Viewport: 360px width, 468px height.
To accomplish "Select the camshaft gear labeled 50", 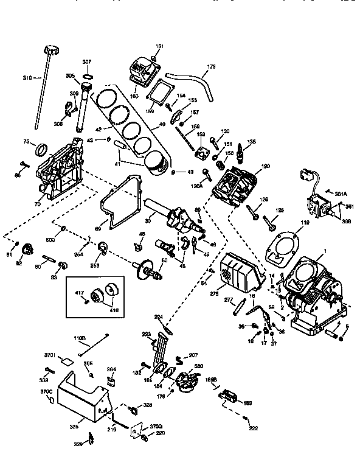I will click(x=150, y=268).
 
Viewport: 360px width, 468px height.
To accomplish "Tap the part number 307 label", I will click(x=86, y=62).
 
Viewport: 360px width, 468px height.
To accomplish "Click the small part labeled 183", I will click(x=231, y=396).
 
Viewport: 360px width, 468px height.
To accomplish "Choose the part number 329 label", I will click(x=78, y=445).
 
